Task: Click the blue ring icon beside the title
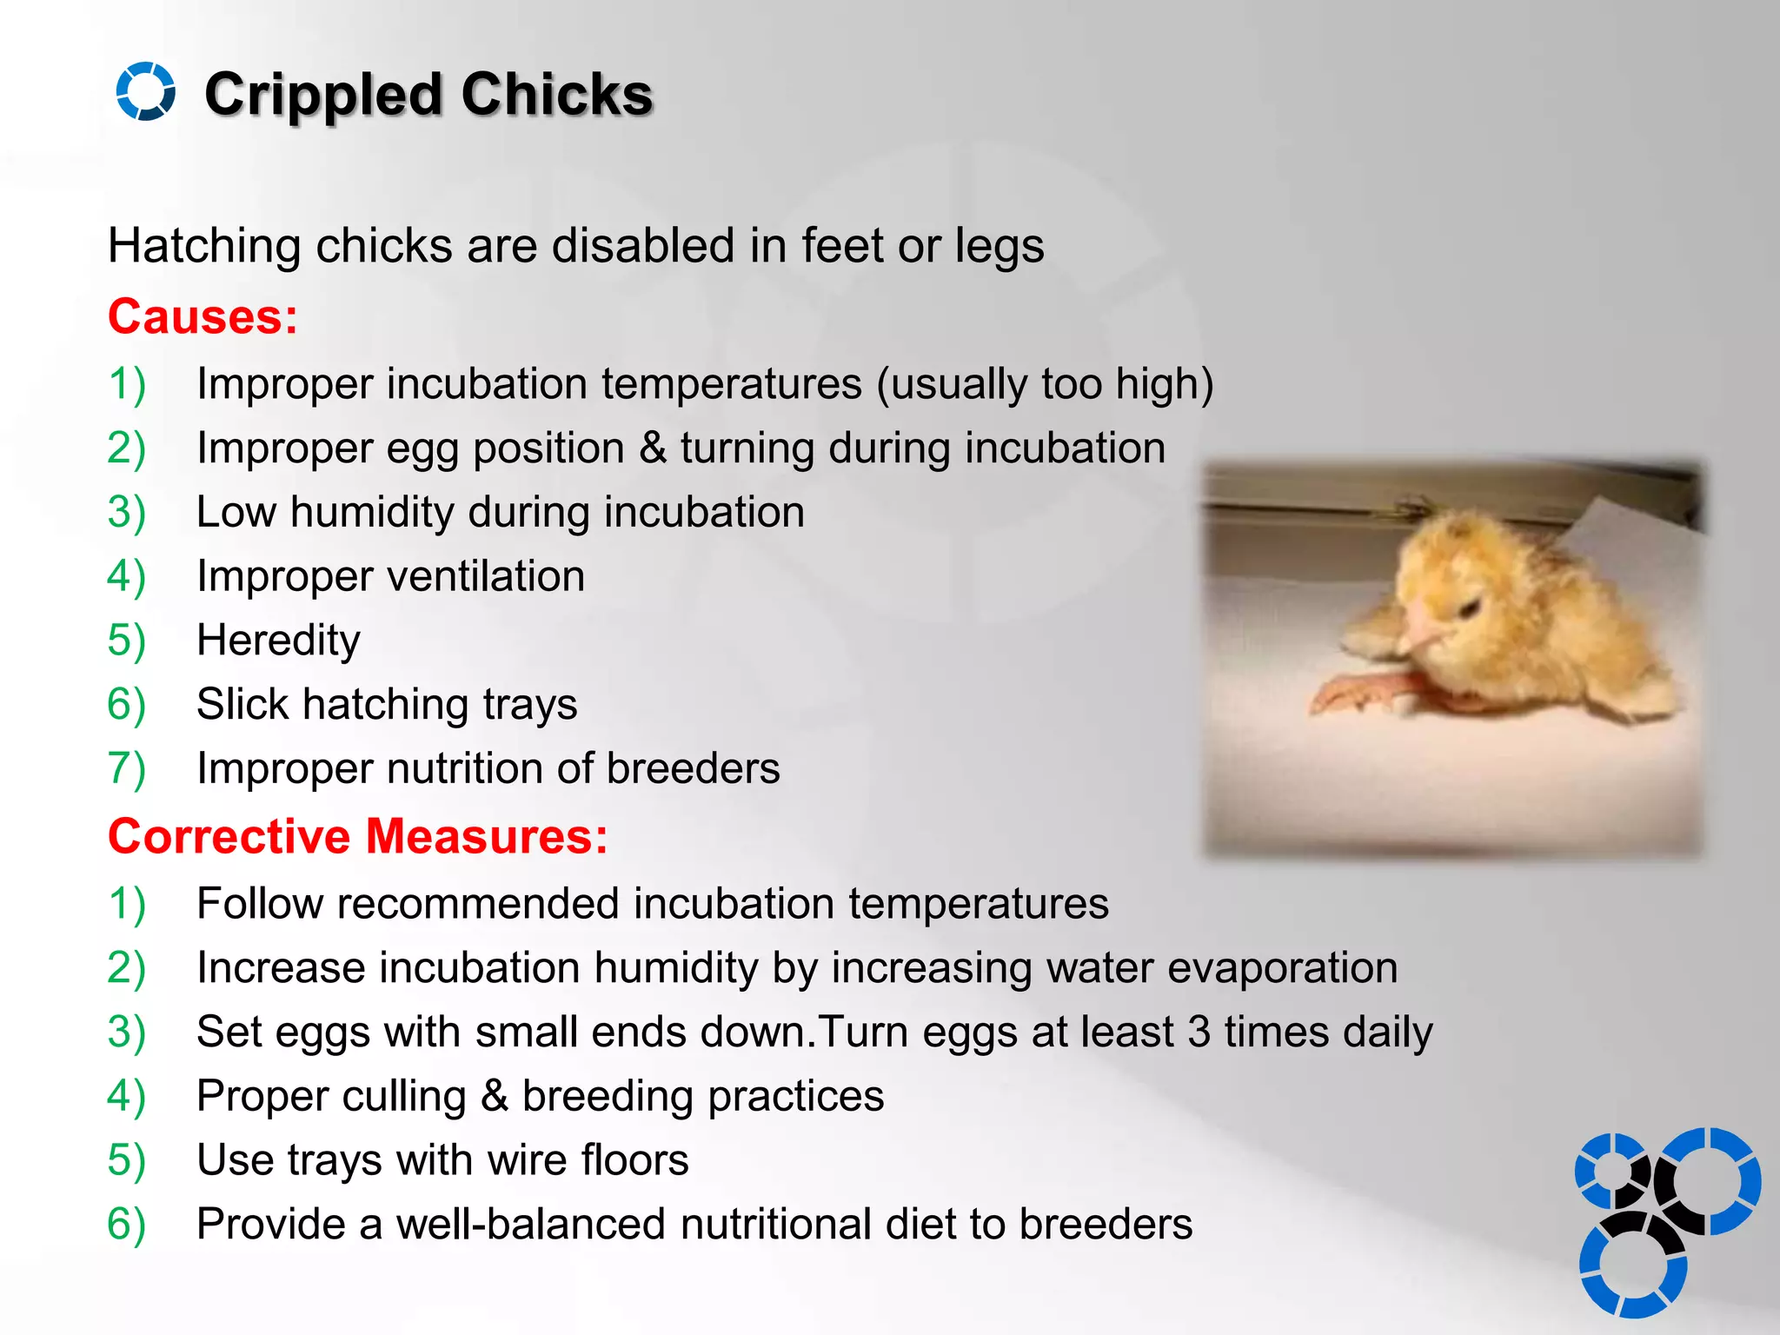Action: [x=145, y=91]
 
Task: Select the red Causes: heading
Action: [x=203, y=316]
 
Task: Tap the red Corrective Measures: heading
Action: [x=357, y=836]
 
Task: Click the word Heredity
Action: [x=278, y=641]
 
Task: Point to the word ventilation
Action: [x=486, y=576]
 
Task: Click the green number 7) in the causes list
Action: [x=126, y=768]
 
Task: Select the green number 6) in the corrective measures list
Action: [x=126, y=1224]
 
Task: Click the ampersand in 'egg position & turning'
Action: [x=653, y=448]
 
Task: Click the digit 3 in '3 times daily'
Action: [x=1199, y=1032]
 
